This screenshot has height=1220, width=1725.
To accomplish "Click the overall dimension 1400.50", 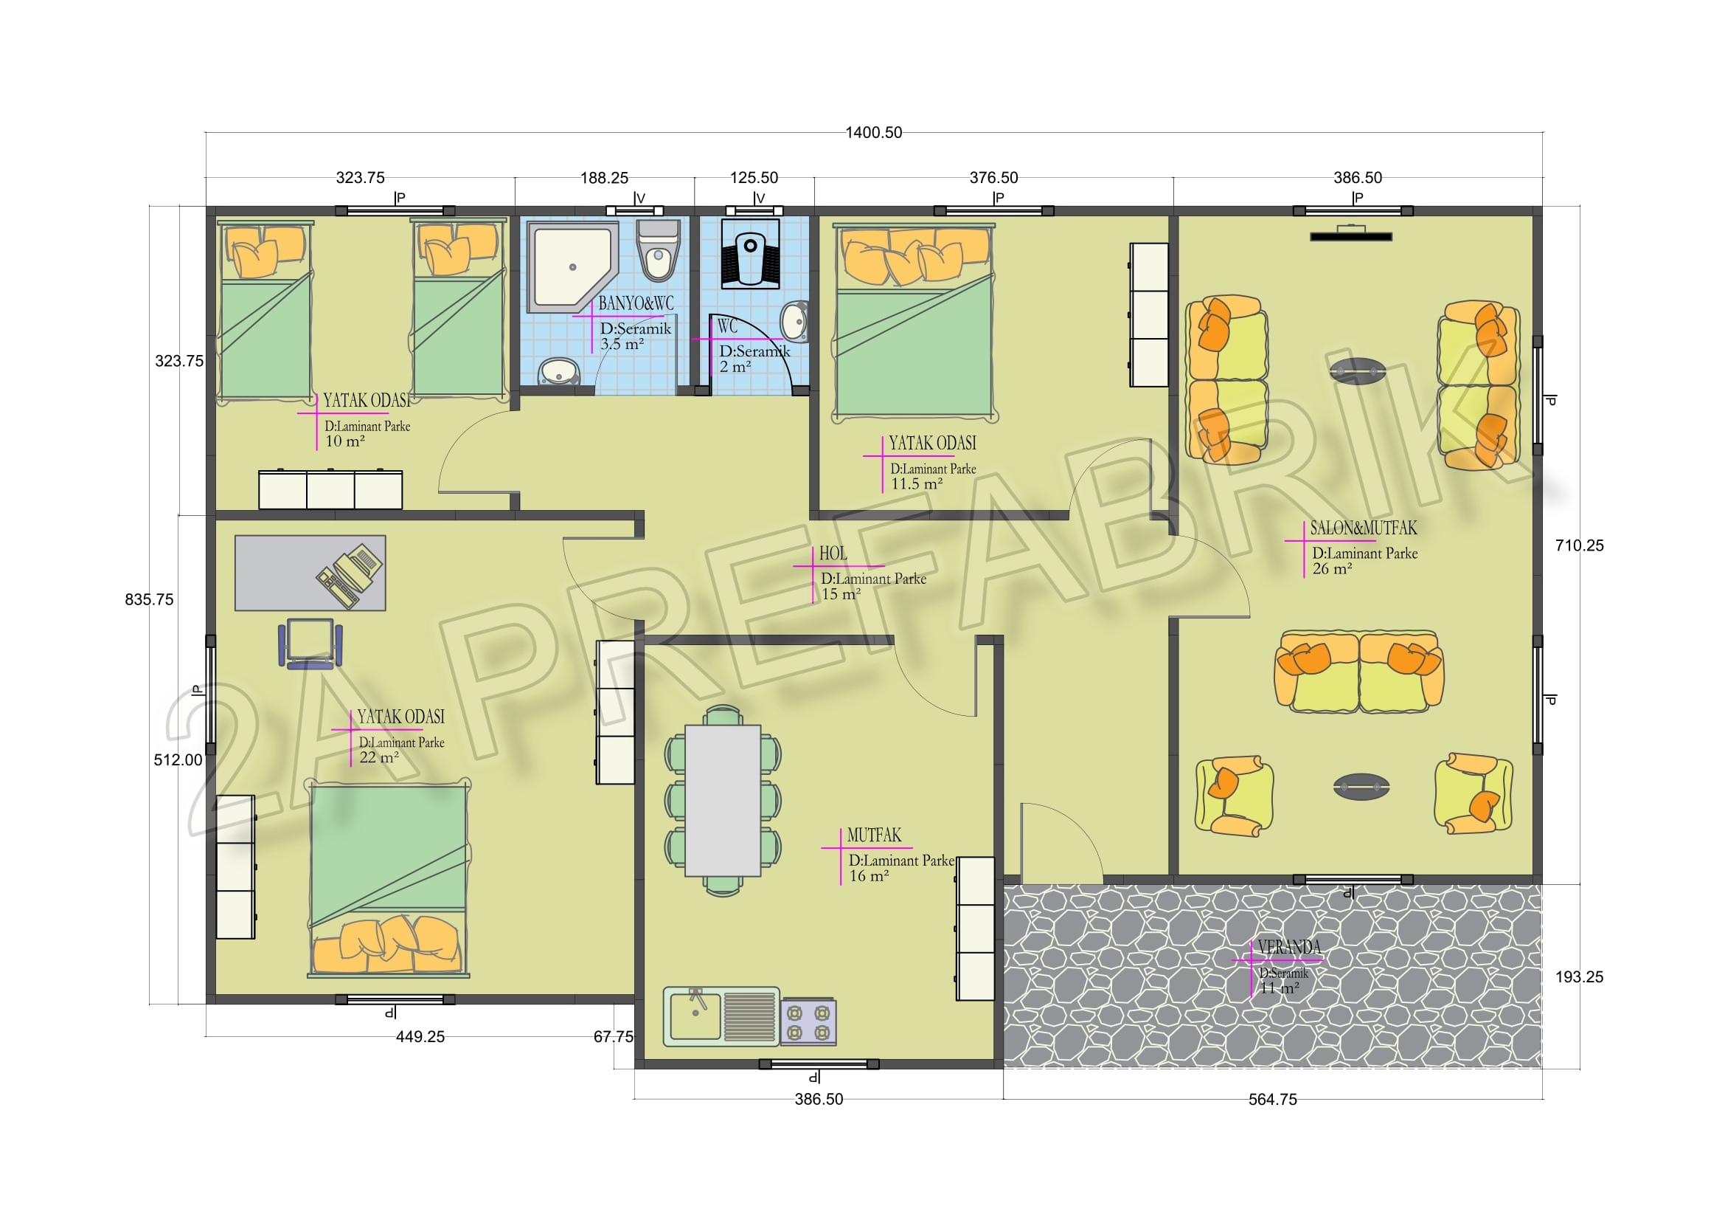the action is point(873,133).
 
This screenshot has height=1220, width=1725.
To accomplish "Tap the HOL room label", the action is point(833,554).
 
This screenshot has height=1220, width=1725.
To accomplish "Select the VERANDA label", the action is point(1289,947).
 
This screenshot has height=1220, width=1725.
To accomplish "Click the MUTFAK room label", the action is point(874,835).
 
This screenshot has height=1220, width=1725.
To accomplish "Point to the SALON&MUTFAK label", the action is point(1364,528).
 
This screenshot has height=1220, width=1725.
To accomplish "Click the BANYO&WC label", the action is point(636,303).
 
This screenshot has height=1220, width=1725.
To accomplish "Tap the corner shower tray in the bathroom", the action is point(572,267).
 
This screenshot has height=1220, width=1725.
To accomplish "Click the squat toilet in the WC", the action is point(751,253).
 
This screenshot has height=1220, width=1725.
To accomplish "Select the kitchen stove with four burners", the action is point(808,1021).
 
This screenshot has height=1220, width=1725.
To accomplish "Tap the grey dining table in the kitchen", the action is point(723,800).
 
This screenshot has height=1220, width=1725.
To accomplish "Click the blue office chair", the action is point(310,644).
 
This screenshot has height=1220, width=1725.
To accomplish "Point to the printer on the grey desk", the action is point(350,575).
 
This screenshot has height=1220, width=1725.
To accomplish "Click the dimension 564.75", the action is point(1273,1100).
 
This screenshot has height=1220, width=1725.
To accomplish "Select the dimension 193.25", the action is point(1579,977).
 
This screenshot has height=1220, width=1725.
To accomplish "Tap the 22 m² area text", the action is point(378,758).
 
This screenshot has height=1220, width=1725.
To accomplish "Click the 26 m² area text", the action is point(1332,569).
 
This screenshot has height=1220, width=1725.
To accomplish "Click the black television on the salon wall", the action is point(1351,236).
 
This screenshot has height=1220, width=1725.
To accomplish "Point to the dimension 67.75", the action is point(613,1036).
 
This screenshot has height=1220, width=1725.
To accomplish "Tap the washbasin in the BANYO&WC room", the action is point(558,371).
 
